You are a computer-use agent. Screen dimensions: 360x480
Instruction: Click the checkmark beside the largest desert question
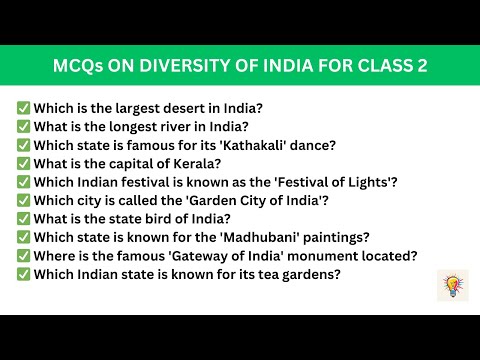tap(22, 107)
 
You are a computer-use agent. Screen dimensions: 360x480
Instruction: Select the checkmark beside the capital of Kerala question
tap(22, 163)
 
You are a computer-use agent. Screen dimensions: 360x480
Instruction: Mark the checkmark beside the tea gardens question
tap(22, 274)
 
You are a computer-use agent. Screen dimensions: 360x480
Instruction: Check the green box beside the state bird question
tap(22, 218)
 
